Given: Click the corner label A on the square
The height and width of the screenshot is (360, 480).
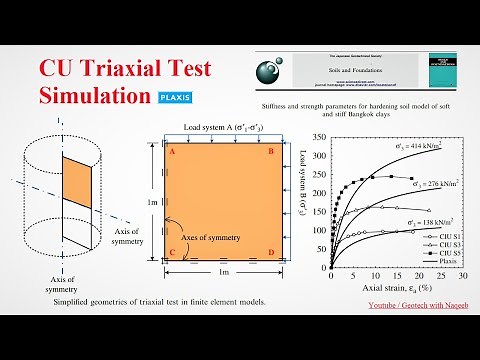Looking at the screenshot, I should [171, 152].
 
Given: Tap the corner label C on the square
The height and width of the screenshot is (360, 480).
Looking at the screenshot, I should [171, 251].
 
